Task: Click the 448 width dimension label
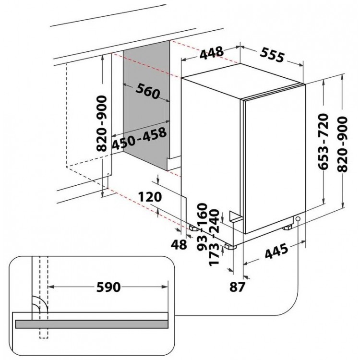212,53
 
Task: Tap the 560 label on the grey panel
148,91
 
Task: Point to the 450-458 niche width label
139,139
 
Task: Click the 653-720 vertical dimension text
324,142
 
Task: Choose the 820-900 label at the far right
343,144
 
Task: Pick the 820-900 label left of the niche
102,124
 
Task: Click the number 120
150,197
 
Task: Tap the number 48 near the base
179,244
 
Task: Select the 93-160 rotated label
203,227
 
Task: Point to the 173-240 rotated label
214,238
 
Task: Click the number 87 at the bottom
238,287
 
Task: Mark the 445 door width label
276,251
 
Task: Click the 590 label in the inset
108,287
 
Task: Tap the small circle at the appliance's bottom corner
298,218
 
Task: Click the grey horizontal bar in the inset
92,324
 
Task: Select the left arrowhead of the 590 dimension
51,287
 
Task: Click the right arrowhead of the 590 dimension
165,287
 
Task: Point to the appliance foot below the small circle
287,228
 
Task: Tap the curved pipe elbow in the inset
39,304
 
